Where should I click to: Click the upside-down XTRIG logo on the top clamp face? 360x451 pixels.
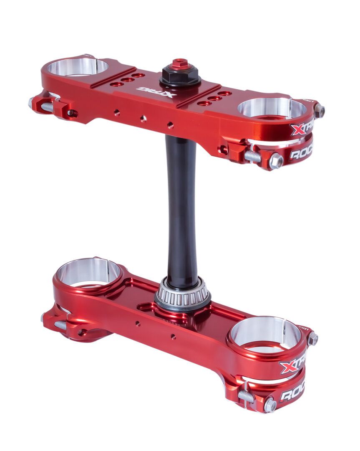click(156, 91)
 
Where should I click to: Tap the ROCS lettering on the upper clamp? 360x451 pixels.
click(301, 154)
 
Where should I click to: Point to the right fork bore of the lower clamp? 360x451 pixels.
click(265, 333)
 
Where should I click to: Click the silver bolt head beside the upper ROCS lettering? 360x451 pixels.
click(276, 161)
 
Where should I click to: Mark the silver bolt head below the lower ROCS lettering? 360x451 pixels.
click(269, 404)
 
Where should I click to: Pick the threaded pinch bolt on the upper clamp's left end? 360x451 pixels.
click(47, 107)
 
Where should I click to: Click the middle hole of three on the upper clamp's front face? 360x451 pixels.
click(143, 119)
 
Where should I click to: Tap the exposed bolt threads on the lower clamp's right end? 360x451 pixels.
click(247, 396)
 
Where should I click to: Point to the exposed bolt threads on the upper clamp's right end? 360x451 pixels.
click(252, 156)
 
